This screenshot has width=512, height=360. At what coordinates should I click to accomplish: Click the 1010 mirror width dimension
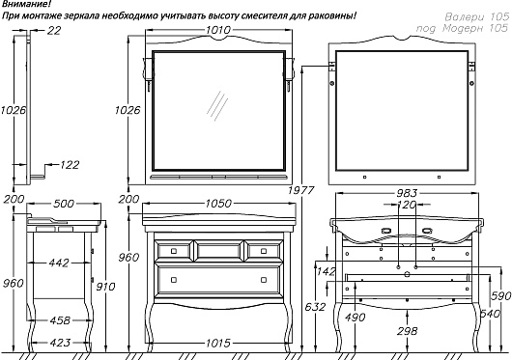click(218, 30)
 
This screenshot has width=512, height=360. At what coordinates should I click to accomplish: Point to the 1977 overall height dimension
click(301, 190)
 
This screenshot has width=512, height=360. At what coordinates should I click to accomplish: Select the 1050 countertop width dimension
click(218, 204)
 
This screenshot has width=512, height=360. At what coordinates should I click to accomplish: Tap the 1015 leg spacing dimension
click(218, 343)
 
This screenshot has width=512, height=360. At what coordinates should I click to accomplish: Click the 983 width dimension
click(407, 193)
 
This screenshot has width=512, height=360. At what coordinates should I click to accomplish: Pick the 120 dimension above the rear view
click(407, 205)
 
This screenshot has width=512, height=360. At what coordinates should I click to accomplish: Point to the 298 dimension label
click(407, 331)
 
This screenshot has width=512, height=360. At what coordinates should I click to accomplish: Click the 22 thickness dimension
click(54, 30)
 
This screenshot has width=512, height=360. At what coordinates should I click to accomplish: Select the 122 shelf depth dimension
click(70, 165)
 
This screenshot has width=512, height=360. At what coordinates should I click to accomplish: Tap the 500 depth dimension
click(64, 204)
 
